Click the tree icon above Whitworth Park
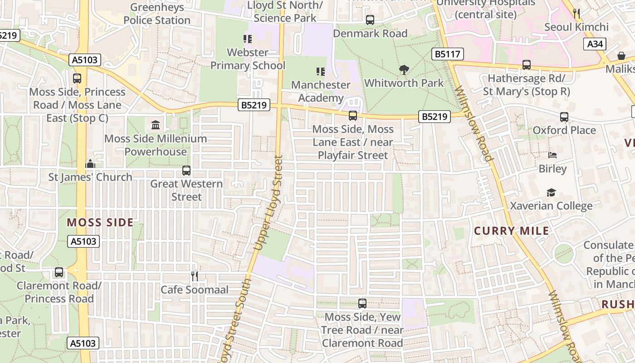[x=404, y=70]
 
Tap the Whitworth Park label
[x=404, y=83]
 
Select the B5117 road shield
[x=447, y=54]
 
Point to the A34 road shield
[x=595, y=44]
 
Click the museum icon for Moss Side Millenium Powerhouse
[x=156, y=125]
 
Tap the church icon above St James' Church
[x=90, y=164]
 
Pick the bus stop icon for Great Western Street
[x=186, y=171]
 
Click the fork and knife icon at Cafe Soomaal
[x=195, y=276]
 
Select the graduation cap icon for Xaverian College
[x=551, y=193]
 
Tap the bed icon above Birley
[x=552, y=155]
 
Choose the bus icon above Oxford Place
[x=564, y=117]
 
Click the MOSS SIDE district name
[x=100, y=222]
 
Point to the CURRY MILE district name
[x=512, y=231]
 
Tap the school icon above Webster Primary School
[x=248, y=39]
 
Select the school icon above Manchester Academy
[x=321, y=72]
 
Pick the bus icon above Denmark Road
[x=370, y=20]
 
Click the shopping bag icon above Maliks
[x=621, y=56]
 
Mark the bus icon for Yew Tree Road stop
[x=362, y=304]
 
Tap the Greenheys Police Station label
[x=157, y=14]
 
